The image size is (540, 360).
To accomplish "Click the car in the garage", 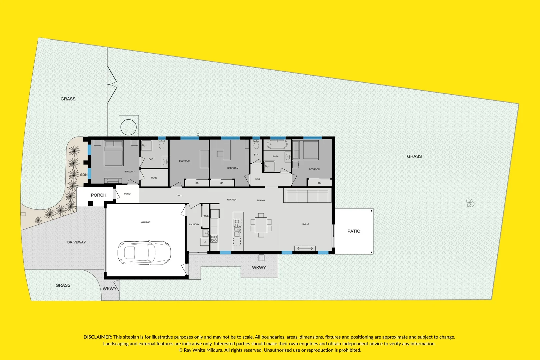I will tap(144, 253).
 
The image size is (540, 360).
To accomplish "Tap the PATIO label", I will tap(354, 231).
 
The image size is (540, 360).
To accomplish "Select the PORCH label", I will tap(98, 195).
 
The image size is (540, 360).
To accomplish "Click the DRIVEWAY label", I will tap(76, 242).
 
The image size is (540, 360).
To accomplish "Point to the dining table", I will tap(261, 225).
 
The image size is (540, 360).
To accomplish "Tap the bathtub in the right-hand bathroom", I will tap(277, 145).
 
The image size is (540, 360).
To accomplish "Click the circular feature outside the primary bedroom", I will tap(128, 127).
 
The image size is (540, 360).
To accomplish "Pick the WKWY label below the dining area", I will tap(259, 268).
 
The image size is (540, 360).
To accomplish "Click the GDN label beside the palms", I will tap(84, 175).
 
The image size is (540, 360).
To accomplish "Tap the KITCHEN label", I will tap(231, 200).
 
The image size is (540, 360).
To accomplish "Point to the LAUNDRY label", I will tap(194, 224).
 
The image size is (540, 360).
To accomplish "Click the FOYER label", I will tap(128, 194).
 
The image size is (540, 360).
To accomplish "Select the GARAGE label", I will tap(146, 222).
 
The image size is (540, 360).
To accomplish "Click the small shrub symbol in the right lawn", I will tap(470, 203).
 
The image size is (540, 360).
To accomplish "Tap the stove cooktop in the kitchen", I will tap(214, 238).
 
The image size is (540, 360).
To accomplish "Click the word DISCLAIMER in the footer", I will tap(97, 337).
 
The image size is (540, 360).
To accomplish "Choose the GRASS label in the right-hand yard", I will tap(414, 156).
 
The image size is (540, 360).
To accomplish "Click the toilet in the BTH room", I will tap(256, 145).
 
